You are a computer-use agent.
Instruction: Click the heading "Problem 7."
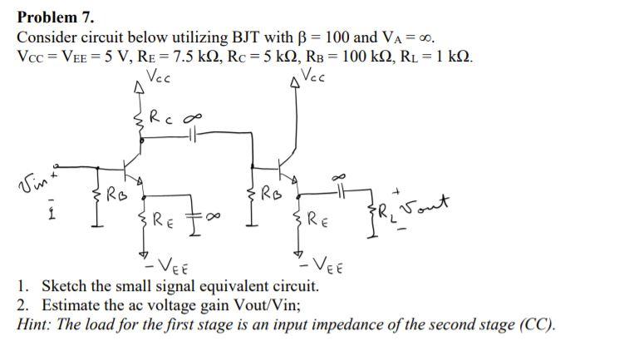coord(56,17)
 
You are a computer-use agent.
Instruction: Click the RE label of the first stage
coord(161,220)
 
